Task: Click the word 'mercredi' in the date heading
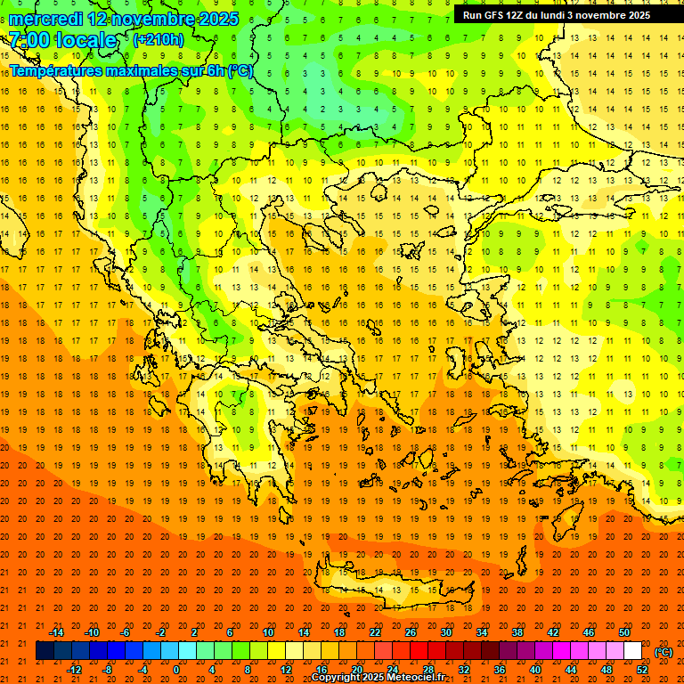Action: tap(46, 19)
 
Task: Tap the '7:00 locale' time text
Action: tap(62, 40)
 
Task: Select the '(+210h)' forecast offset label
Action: tap(158, 40)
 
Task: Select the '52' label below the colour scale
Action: tap(642, 669)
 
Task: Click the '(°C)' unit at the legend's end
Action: tap(664, 651)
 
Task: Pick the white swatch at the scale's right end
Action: tap(633, 651)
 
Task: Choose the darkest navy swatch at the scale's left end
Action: tap(45, 651)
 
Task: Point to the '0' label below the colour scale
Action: tap(176, 669)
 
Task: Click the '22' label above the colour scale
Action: tap(375, 632)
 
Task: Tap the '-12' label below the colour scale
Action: tap(74, 669)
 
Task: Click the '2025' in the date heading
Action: tap(217, 19)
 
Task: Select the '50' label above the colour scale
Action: tap(624, 632)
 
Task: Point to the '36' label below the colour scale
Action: tap(500, 669)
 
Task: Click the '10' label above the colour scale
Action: tap(268, 632)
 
